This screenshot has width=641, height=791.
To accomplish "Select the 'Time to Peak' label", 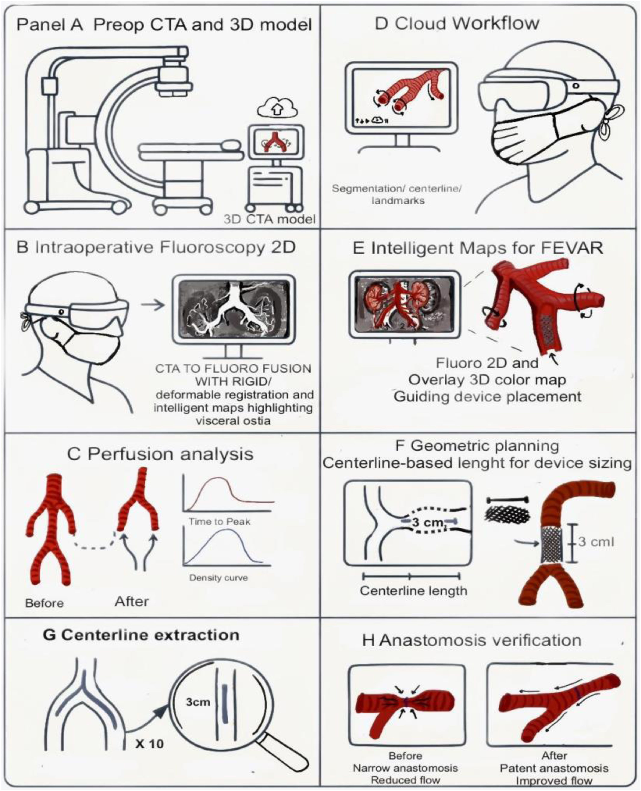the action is coord(220,522).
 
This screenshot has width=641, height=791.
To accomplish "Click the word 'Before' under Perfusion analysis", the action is coord(44,603).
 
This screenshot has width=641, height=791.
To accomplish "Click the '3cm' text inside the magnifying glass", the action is coord(198,702).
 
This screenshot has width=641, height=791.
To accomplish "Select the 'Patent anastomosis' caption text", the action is coord(554,769).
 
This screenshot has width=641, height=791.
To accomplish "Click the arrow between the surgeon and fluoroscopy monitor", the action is coord(153,305).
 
